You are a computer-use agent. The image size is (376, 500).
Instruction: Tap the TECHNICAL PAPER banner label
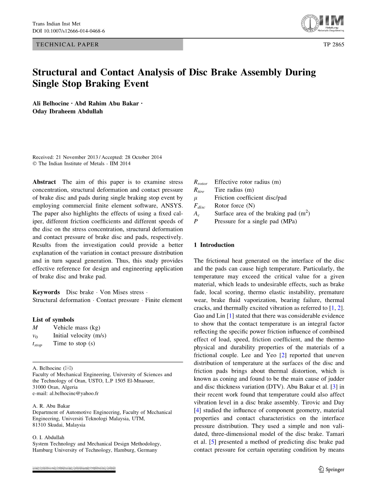pos(67,44)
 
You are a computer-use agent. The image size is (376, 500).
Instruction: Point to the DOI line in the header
pos(69,31)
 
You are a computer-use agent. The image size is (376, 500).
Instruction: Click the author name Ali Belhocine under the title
pos(51,103)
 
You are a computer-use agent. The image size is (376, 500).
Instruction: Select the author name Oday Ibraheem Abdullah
pos(67,111)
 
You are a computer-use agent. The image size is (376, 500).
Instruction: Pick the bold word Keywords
pos(46,292)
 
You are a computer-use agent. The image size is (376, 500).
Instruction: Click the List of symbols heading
pos(53,320)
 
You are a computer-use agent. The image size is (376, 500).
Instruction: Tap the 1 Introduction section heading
pos(214,245)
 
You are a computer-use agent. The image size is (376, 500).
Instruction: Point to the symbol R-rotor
pos(200,183)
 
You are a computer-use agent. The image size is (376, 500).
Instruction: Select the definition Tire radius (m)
pos(234,190)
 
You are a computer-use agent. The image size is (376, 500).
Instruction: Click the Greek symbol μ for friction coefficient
pos(196,198)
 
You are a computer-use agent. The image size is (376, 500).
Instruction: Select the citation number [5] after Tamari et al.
pos(212,442)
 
